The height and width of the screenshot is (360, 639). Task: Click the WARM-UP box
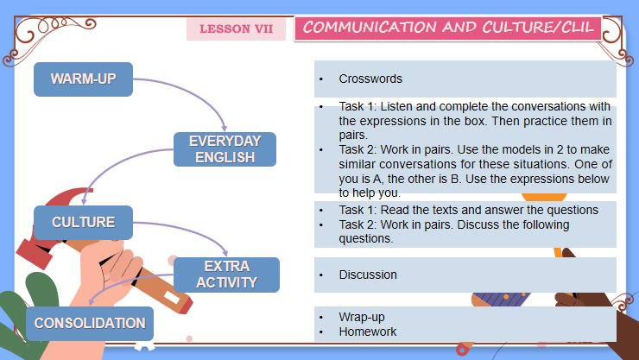point(83,79)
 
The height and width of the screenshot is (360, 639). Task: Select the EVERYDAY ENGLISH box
point(225,149)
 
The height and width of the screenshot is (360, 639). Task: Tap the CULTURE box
point(83,223)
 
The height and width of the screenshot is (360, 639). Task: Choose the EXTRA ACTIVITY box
point(226,275)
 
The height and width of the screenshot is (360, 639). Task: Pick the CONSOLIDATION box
point(90,324)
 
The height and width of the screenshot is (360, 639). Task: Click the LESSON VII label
point(236,29)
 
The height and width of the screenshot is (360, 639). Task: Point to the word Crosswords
point(370,79)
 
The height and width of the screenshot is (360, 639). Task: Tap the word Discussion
point(368,275)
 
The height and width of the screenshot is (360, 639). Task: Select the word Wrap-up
point(362,317)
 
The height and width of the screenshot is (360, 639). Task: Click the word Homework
point(368,332)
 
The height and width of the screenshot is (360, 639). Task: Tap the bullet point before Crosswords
point(321,79)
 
